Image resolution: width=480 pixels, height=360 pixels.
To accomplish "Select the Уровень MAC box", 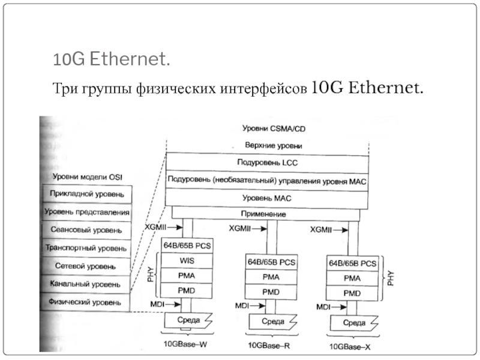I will click(x=267, y=197).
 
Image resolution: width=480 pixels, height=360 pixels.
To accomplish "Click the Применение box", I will click(x=267, y=214).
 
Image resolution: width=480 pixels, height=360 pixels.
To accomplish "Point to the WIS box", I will click(x=187, y=261).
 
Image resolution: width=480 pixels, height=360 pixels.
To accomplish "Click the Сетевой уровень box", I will click(x=85, y=265).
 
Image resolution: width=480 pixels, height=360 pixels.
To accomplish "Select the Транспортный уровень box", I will click(x=85, y=247).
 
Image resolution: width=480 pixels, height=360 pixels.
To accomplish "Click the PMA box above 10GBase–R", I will click(x=270, y=278).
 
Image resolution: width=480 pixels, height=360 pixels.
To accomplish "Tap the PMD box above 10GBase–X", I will click(x=352, y=293).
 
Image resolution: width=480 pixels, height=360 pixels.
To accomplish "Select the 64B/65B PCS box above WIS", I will click(x=187, y=246).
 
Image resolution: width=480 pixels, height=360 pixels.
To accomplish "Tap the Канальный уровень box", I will click(x=85, y=283).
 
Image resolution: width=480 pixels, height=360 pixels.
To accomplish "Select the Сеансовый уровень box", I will click(x=85, y=230).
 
